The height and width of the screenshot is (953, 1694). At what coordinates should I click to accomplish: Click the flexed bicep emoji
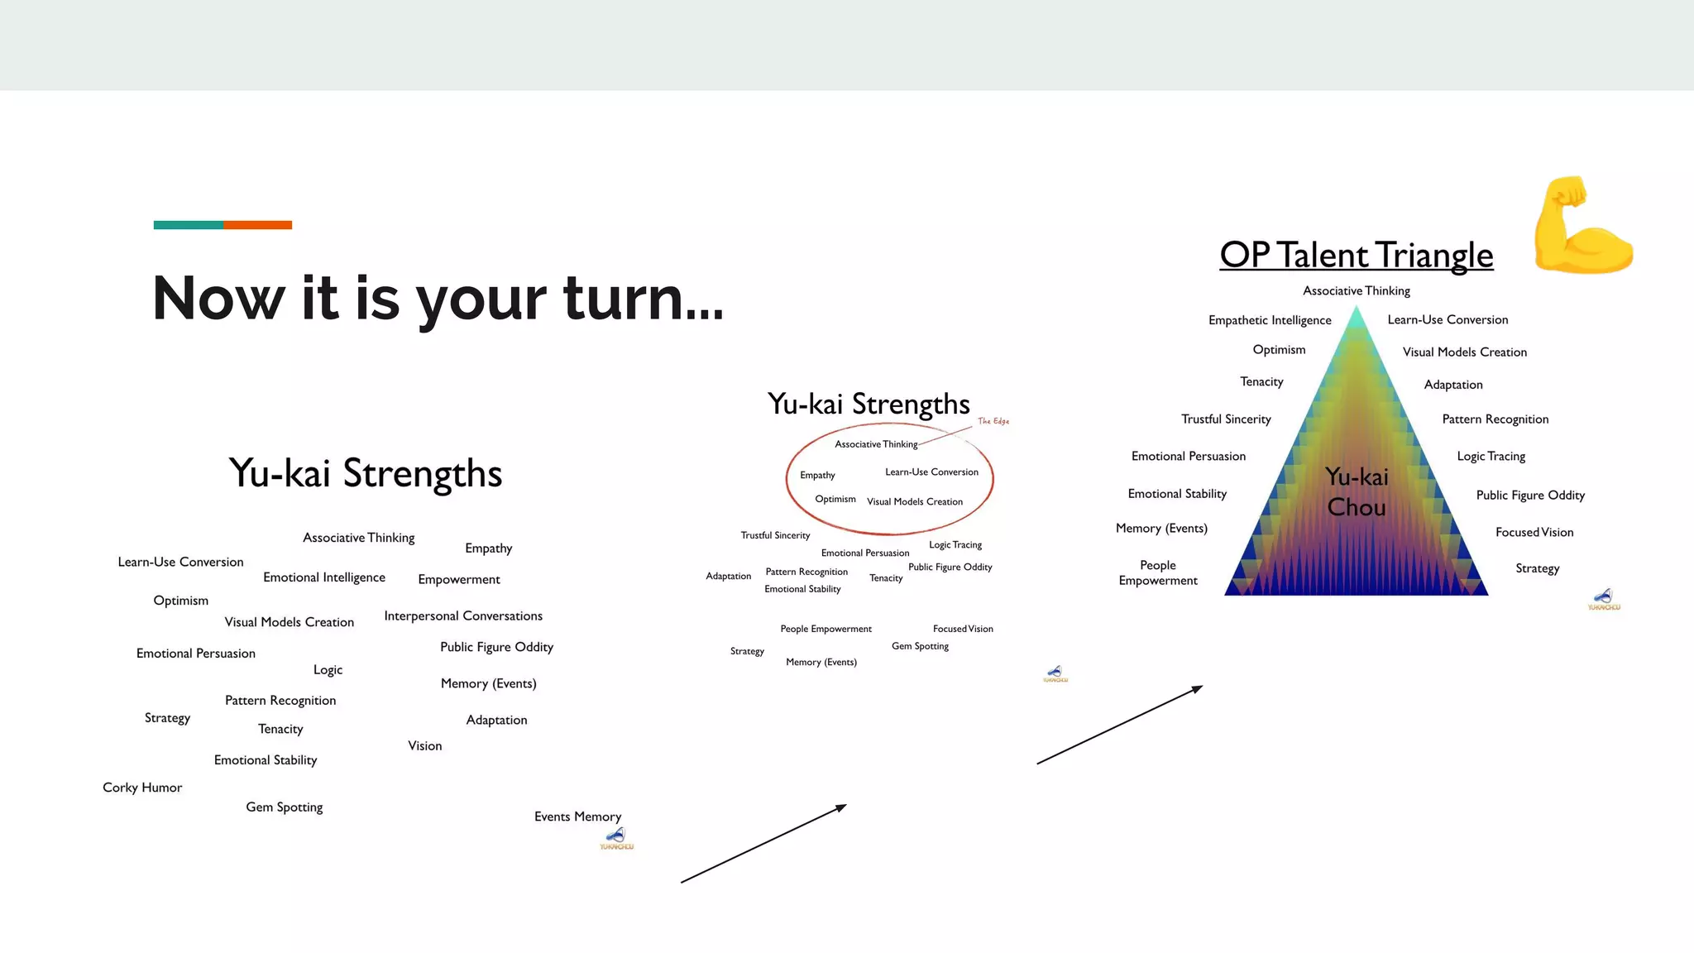tap(1582, 225)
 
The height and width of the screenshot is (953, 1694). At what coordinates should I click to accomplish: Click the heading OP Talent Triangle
tap(1357, 255)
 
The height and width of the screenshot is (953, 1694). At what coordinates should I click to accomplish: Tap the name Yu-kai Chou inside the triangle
tap(1357, 491)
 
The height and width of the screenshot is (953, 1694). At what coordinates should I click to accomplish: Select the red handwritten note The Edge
tap(993, 421)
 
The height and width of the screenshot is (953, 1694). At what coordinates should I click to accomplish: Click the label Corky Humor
tap(142, 788)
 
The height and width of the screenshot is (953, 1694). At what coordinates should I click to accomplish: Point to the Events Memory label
tap(577, 817)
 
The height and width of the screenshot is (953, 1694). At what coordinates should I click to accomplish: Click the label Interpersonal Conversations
tap(463, 616)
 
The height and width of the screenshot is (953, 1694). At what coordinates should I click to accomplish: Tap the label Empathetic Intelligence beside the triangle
tap(1270, 320)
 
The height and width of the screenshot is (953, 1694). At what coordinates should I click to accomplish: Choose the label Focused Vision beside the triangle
tap(1534, 532)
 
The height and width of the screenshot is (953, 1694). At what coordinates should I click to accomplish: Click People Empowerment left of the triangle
tap(1157, 572)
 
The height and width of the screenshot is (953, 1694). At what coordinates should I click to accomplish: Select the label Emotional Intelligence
tap(324, 577)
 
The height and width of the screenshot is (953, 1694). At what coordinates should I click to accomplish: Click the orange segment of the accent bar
tap(257, 225)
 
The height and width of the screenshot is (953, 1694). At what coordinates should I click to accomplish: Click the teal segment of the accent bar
tap(188, 225)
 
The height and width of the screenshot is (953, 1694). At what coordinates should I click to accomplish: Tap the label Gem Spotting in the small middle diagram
tap(920, 646)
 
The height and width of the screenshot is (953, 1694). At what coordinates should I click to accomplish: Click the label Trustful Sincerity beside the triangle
tap(1226, 419)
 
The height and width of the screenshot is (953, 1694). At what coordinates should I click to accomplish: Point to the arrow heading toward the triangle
tap(1119, 725)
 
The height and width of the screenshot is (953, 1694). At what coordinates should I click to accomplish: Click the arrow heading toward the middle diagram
tap(763, 844)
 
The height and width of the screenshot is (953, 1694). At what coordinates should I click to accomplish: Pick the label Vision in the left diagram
tap(424, 746)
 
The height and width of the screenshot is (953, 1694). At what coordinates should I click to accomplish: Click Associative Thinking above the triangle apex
tap(1357, 291)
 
